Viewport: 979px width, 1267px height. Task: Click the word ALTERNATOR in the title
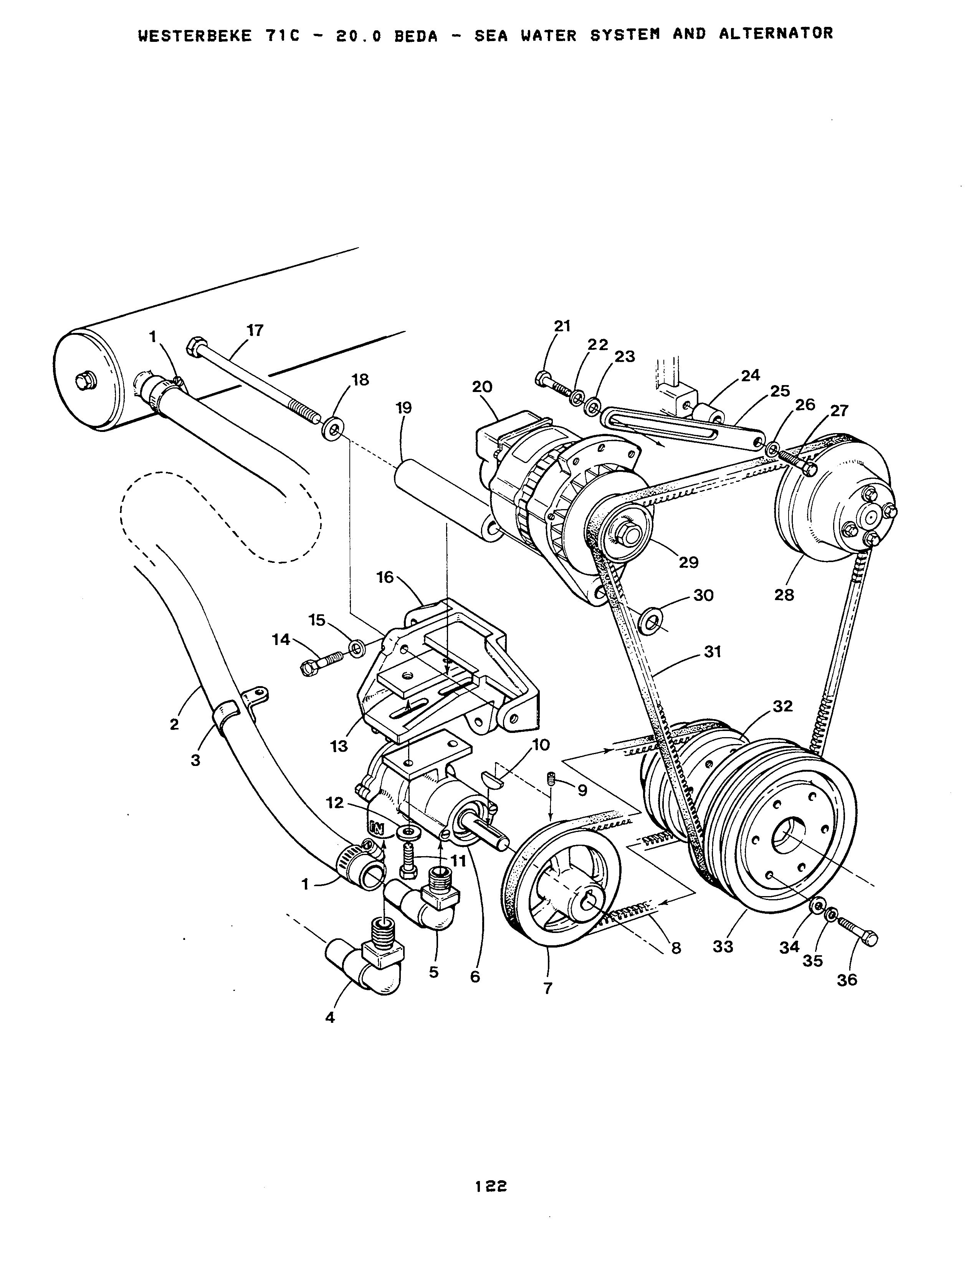pyautogui.click(x=776, y=34)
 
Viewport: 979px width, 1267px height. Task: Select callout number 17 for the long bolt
pyautogui.click(x=255, y=331)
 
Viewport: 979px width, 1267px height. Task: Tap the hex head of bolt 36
pyautogui.click(x=869, y=938)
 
